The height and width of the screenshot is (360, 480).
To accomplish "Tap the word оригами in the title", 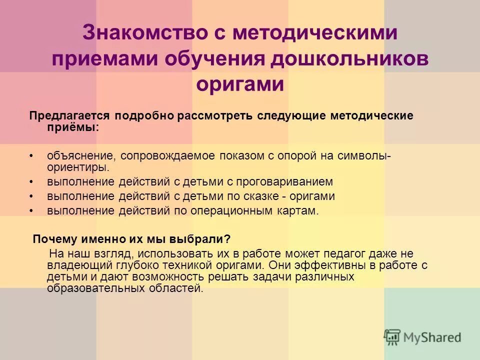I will pyautogui.click(x=240, y=84).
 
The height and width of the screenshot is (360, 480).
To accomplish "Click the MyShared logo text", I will pyautogui.click(x=431, y=337).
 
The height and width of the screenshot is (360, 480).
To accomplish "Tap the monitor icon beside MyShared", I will pyautogui.click(x=392, y=336).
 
